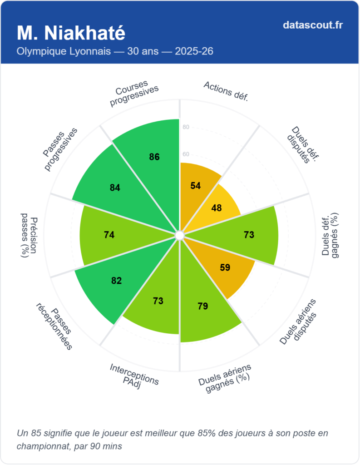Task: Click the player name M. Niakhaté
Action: pyautogui.click(x=71, y=33)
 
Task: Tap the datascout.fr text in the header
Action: pyautogui.click(x=312, y=25)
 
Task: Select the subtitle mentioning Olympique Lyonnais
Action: pyautogui.click(x=115, y=51)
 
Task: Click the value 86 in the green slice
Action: pyautogui.click(x=154, y=157)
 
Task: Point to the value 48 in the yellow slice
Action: pyautogui.click(x=217, y=208)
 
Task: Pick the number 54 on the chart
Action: pyautogui.click(x=196, y=186)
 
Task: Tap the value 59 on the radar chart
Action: pyautogui.click(x=225, y=267)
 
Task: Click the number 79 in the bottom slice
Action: pyautogui.click(x=202, y=306)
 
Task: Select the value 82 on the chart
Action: pyautogui.click(x=117, y=281)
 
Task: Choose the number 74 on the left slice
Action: pyautogui.click(x=109, y=235)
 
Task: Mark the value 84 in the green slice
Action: pyautogui.click(x=115, y=187)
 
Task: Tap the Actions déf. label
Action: pyautogui.click(x=226, y=91)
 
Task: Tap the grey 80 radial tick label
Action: pyautogui.click(x=186, y=127)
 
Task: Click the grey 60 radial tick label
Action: pyautogui.click(x=186, y=154)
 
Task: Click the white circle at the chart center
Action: pyautogui.click(x=179, y=235)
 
